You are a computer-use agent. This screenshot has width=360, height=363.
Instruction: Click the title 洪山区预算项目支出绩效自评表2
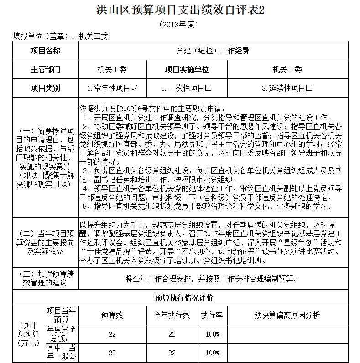click(x=180, y=10)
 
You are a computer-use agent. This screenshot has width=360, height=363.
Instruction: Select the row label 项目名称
click(x=45, y=51)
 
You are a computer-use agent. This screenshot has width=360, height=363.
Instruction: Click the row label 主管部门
click(x=45, y=69)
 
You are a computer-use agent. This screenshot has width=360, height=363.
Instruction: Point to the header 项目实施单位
click(x=186, y=69)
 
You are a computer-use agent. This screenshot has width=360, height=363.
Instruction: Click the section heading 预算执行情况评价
click(x=183, y=298)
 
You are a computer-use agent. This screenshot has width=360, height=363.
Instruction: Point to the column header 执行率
click(x=212, y=315)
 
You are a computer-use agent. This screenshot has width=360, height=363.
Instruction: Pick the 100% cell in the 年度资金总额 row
click(x=212, y=334)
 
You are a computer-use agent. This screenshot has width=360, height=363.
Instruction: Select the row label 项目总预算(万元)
click(x=28, y=334)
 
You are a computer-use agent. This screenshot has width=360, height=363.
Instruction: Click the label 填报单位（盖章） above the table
click(x=44, y=36)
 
